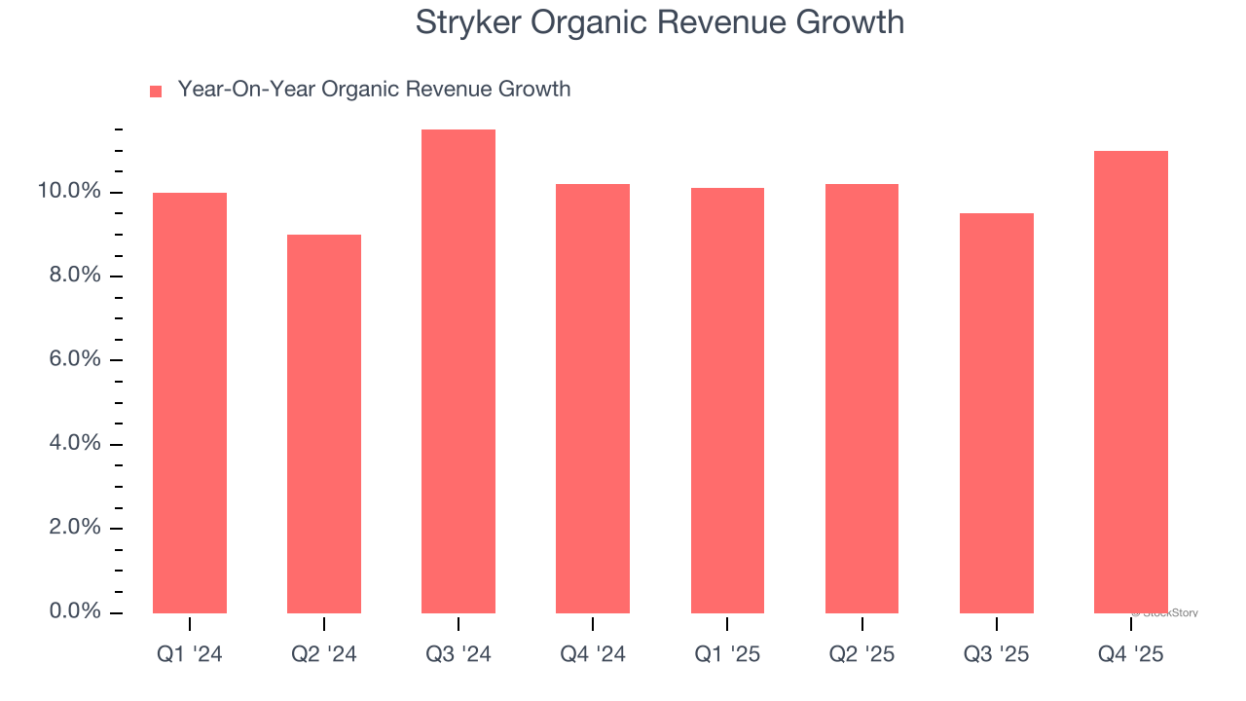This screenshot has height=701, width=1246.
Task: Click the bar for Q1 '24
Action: point(190,403)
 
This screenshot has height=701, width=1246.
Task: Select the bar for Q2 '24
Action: point(324,424)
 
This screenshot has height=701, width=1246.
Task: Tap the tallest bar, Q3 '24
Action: point(458,371)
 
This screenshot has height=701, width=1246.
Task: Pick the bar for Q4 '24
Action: point(593,398)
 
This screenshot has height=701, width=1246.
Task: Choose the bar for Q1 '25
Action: point(727,400)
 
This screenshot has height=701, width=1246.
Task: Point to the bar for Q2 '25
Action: point(861,398)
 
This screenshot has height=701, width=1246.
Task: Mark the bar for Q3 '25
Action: point(996,413)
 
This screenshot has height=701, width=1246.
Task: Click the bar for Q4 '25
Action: point(1130,382)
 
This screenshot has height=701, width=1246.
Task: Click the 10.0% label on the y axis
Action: point(69,192)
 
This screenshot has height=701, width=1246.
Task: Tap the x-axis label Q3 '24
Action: point(458,655)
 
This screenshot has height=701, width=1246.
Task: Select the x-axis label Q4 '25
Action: point(1130,655)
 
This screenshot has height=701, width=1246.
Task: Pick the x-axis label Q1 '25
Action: point(727,655)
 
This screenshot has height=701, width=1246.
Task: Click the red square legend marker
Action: point(156,92)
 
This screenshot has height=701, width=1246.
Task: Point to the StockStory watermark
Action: point(1166,613)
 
